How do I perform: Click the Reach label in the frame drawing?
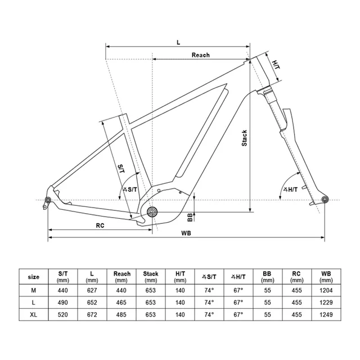pos(201,55)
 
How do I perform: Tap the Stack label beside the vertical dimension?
pos(244,138)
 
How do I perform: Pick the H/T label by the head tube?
pos(276,66)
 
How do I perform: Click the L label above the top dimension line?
pos(178,42)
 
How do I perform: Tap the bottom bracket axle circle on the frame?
pos(152,212)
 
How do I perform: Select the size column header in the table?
pos(34,277)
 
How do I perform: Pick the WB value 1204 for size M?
pos(326,290)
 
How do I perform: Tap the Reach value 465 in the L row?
pos(122,302)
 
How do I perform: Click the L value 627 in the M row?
pos(92,290)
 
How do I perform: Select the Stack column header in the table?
pos(151,277)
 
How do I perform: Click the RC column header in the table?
pos(296,277)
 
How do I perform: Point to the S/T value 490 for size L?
pos(63,302)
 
